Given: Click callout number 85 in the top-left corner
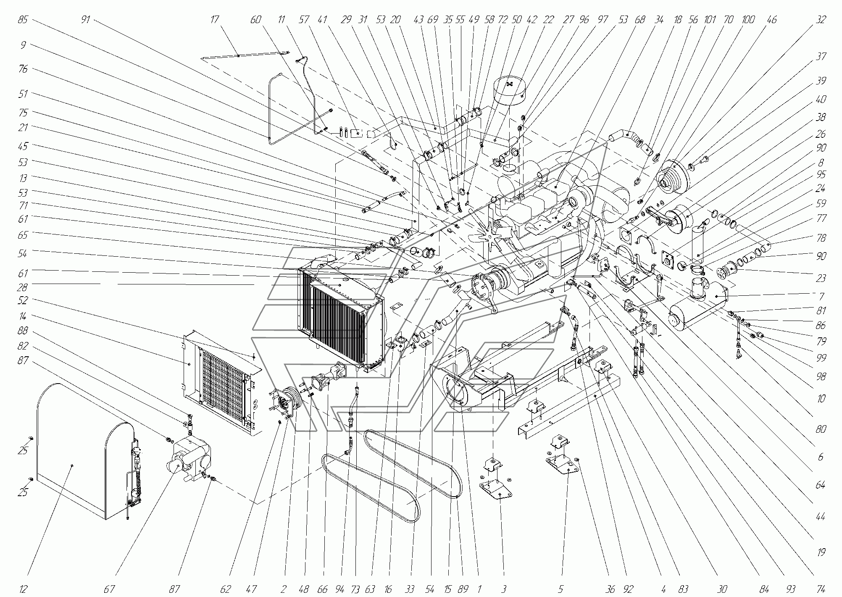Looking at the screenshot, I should point(23,20).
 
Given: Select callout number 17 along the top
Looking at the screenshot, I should point(215,20).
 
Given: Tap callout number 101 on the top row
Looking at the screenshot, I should point(710,20).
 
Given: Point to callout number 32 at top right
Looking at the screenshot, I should point(821,20).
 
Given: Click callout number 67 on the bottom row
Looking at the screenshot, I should point(109,589).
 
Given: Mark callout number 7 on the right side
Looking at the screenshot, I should point(821,297).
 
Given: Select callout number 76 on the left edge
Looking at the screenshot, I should point(23,69).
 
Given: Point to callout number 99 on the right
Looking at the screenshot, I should point(821,358).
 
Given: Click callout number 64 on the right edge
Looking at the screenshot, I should point(821,485).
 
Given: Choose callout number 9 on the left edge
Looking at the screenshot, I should point(23,45).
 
